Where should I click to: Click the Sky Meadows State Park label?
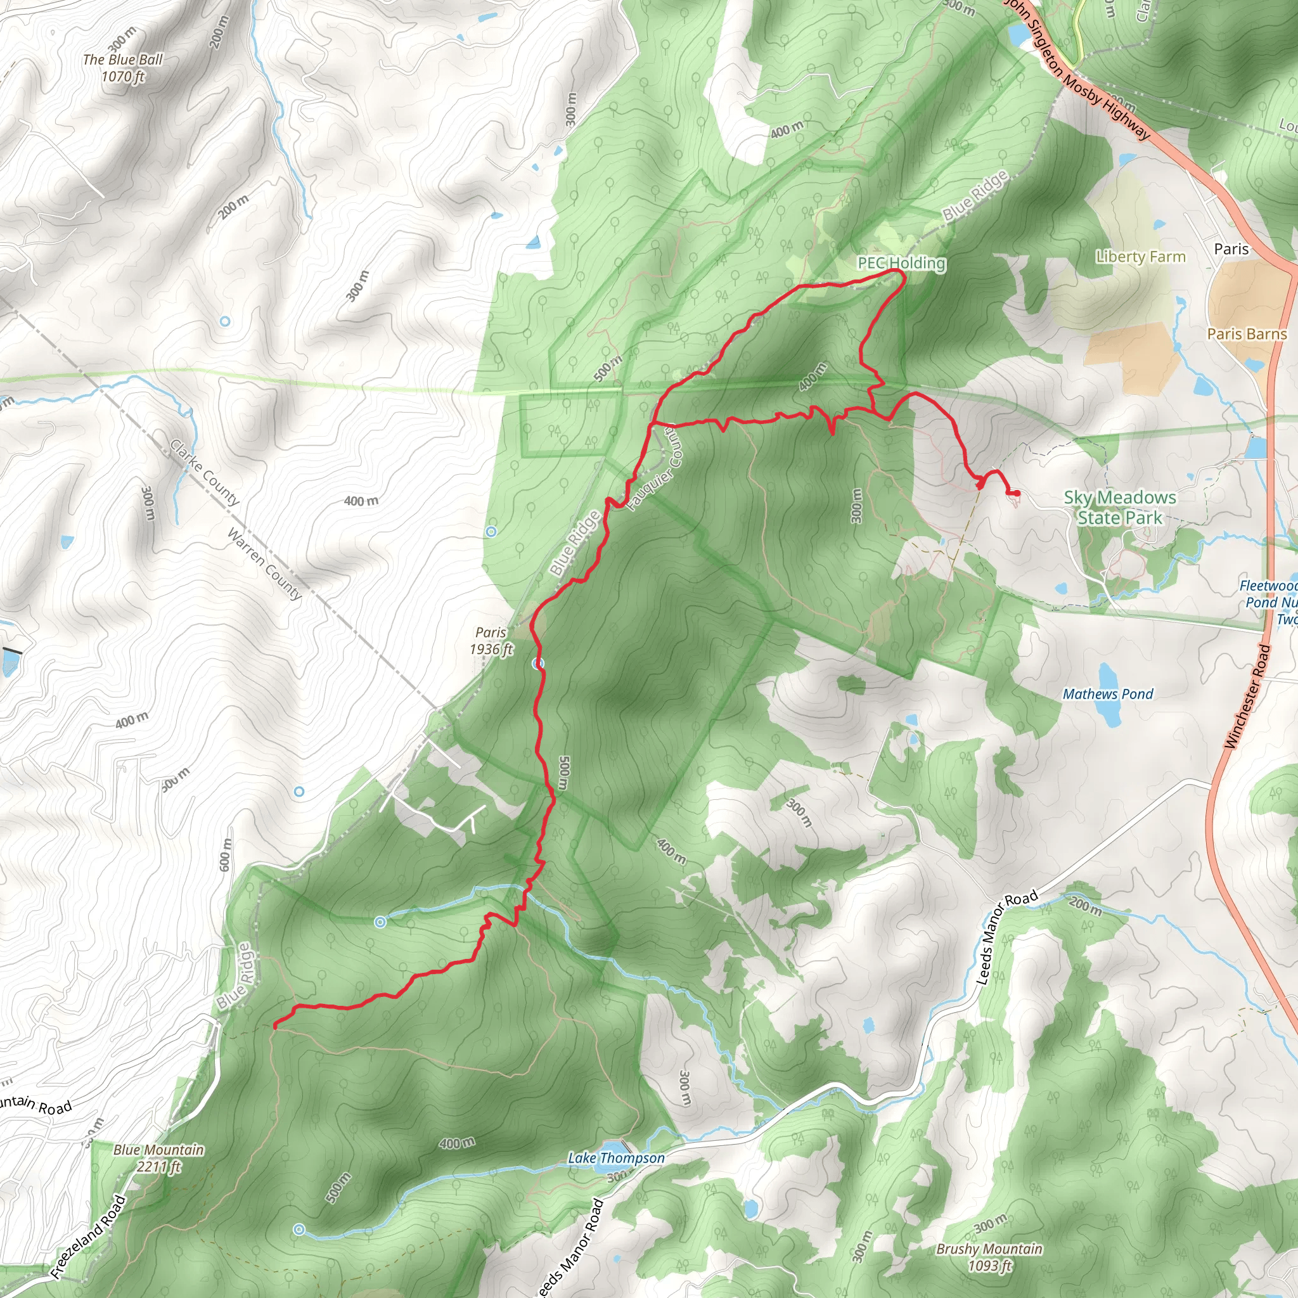point(1119,507)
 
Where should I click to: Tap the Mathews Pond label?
point(1107,694)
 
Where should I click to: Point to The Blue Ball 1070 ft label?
point(123,68)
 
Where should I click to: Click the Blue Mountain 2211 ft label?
point(158,1157)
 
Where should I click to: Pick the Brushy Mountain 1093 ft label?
point(989,1257)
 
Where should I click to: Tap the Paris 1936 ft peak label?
point(491,640)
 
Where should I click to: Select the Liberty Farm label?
point(1140,257)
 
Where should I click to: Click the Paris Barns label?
point(1246,334)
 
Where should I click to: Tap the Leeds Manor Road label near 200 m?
point(1006,937)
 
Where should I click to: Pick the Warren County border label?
point(264,563)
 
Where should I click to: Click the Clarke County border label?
point(204,473)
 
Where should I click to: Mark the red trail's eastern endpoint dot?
point(1017,493)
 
